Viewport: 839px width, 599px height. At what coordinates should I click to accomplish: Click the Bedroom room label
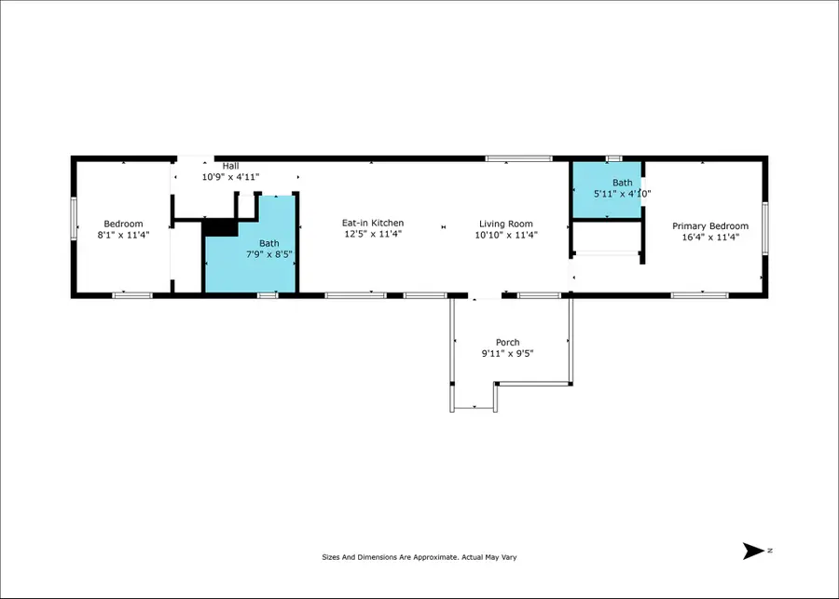coord(123,224)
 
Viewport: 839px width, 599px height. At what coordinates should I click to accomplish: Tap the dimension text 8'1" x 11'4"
coord(123,236)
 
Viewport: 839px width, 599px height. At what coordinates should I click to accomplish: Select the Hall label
coord(230,166)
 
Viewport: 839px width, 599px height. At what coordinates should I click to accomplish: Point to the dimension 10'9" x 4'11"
coord(230,177)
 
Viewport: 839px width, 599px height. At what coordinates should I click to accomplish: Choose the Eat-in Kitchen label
coord(373,223)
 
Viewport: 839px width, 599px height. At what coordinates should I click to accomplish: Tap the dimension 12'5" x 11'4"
coord(373,235)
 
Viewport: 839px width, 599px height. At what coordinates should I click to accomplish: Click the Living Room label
coord(506,224)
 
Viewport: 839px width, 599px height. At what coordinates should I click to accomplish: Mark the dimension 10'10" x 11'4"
coord(506,236)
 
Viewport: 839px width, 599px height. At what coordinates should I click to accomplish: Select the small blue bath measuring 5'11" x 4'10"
coord(606,189)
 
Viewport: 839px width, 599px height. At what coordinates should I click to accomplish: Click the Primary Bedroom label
coord(710,226)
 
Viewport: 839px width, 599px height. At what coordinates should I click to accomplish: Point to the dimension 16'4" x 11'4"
coord(710,238)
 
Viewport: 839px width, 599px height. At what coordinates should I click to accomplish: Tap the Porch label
coord(508,343)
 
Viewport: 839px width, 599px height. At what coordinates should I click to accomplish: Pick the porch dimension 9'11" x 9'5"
coord(508,354)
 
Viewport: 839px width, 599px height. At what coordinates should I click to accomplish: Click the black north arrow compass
coord(754,551)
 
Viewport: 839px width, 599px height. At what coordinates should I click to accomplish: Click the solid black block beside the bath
coord(219,227)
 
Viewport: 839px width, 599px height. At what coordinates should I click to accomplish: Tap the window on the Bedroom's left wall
coord(74,225)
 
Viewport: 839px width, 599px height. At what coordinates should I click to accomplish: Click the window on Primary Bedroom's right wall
coord(763,228)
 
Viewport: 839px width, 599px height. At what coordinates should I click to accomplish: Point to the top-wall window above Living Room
coord(518,159)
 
